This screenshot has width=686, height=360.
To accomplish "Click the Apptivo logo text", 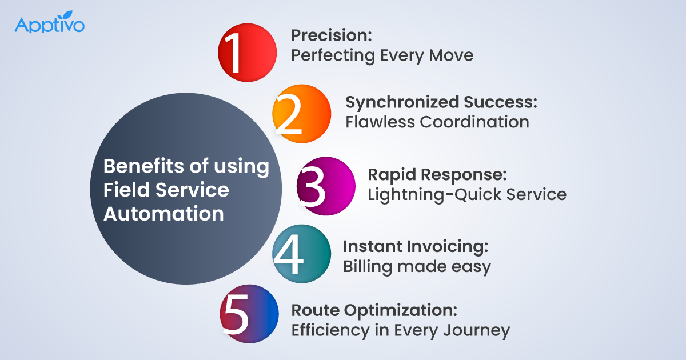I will [x=49, y=26].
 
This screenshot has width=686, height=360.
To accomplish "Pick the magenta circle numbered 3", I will [x=326, y=186].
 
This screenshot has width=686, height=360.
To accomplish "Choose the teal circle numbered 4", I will [x=301, y=254].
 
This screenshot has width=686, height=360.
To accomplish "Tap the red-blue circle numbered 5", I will [x=249, y=314].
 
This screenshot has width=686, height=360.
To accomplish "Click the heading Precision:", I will [x=332, y=35].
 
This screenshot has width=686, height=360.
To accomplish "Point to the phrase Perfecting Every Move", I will [x=382, y=55].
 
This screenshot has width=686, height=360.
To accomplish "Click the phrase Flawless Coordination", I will [x=437, y=122].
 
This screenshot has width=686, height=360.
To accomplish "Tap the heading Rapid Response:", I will [x=437, y=174].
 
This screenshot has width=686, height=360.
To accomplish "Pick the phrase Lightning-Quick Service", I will [x=466, y=194].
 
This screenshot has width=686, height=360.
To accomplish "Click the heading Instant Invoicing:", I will [x=415, y=246].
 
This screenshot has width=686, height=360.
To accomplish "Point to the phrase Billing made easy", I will [x=417, y=267].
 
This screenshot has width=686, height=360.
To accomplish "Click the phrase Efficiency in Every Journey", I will [x=400, y=330].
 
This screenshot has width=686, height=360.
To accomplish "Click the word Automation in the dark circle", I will [x=163, y=213].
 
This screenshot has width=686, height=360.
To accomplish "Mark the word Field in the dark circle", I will [x=122, y=190].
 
